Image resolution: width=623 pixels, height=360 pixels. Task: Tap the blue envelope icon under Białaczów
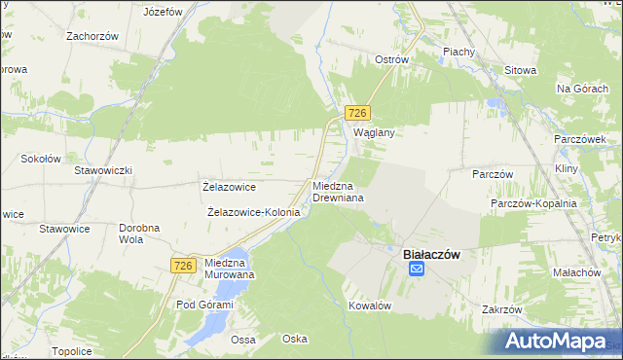(416, 269)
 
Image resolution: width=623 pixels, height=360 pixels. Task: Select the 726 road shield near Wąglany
(358, 114)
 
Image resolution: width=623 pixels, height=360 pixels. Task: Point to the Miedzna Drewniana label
(338, 191)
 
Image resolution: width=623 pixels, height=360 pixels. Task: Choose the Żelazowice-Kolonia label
(253, 212)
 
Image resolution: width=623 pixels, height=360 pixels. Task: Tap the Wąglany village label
(373, 133)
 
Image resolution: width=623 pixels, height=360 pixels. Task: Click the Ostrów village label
(391, 59)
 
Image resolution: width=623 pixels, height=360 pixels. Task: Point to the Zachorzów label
(92, 36)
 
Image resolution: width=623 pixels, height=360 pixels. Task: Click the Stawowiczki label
(103, 170)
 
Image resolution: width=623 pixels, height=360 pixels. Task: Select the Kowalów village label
(370, 305)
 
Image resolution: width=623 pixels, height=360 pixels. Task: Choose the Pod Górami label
(204, 305)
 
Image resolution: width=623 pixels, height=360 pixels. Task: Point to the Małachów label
(574, 273)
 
